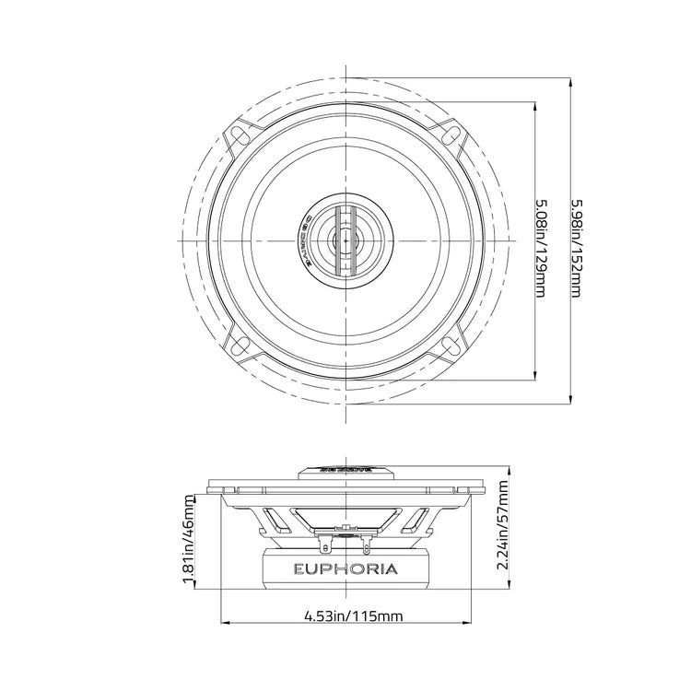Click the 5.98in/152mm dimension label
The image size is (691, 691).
click(575, 242)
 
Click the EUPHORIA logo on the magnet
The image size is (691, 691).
click(345, 568)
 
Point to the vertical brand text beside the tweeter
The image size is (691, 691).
click(309, 240)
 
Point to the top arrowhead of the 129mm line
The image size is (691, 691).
click(535, 104)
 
